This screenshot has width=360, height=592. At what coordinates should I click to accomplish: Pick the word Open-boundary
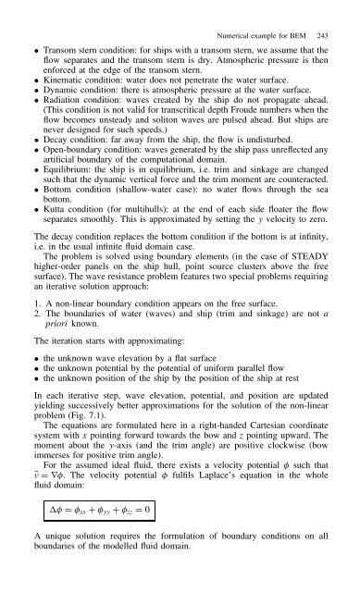click(76, 170)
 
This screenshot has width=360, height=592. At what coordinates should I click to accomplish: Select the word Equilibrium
click(66, 196)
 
